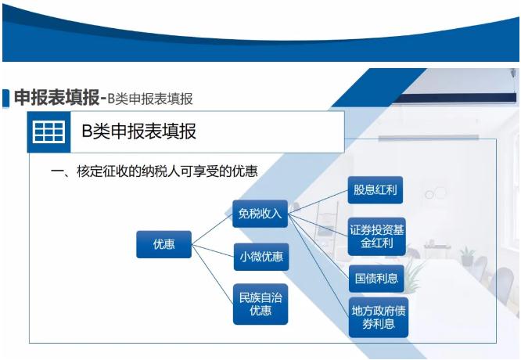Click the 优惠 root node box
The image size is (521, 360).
pos(163,244)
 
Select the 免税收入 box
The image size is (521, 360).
pos(260,214)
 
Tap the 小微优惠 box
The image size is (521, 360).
pos(261,257)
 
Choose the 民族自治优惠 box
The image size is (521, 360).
pos(260,304)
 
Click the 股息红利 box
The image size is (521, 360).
pos(375,190)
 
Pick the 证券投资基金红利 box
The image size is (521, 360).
pos(377,236)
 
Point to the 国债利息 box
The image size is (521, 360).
pos(376,279)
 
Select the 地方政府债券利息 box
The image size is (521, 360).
pos(379,318)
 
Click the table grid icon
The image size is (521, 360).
pos(49,132)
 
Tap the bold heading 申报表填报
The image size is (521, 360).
pos(56,98)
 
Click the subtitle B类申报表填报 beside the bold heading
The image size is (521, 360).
pos(150,99)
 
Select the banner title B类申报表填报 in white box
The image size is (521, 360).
pos(139,131)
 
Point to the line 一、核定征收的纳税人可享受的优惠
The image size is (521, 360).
pos(154,171)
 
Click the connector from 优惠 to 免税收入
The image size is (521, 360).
pos(212,229)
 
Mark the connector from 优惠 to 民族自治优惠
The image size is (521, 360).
pos(212,275)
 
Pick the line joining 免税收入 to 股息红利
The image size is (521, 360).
pos(318,202)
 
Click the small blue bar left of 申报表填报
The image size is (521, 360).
pos(5,98)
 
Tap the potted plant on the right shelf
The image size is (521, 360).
pos(467,256)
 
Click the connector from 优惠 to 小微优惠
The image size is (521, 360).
pos(213,251)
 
